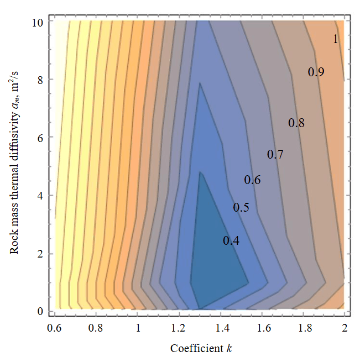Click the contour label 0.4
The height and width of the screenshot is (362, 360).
point(231,241)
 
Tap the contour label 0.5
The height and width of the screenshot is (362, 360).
point(241,208)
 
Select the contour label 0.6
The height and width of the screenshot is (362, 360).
point(252,180)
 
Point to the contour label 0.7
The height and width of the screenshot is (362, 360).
point(275,155)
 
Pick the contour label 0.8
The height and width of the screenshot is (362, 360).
point(296,123)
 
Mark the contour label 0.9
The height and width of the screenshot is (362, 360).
point(316,72)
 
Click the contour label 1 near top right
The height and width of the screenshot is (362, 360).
point(335,39)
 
